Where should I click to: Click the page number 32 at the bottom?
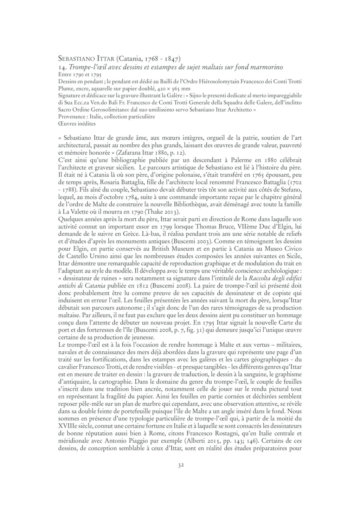click(x=180, y=465)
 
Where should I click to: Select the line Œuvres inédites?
click(x=77, y=124)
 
